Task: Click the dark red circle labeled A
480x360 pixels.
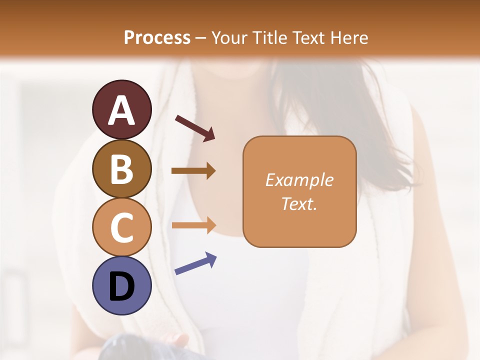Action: [121, 109]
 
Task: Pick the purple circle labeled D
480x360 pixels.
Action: [121, 285]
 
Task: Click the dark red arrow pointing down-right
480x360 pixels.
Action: [195, 128]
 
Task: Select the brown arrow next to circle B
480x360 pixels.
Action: [193, 171]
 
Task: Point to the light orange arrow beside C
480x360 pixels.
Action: [193, 225]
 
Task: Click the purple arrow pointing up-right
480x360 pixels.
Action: [195, 263]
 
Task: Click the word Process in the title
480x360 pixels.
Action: [157, 37]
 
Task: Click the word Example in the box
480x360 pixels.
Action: [299, 180]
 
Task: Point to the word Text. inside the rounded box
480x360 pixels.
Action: [299, 204]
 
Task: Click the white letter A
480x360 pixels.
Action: [121, 110]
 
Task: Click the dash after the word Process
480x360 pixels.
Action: [201, 38]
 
